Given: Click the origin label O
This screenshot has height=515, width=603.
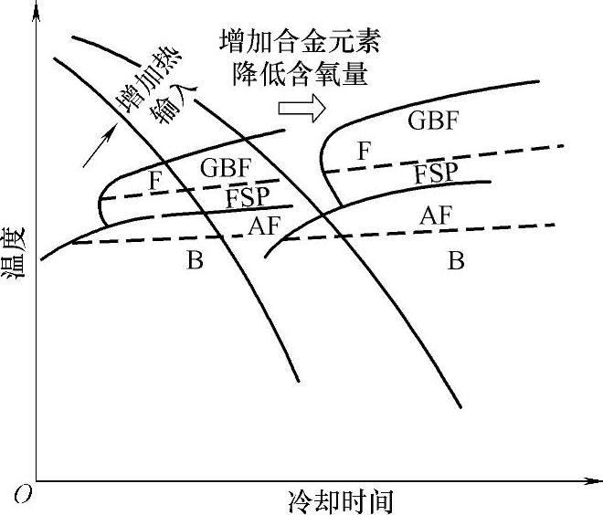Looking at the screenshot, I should click(22, 494).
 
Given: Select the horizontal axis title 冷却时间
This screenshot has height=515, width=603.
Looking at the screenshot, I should click(340, 501).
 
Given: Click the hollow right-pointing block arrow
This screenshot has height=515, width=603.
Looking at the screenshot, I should click(302, 108).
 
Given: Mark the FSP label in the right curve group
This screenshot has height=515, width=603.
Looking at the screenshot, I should click(436, 173).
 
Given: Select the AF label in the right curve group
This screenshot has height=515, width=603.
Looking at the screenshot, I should click(436, 216).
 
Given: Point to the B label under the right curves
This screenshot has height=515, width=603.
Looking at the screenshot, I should click(456, 261).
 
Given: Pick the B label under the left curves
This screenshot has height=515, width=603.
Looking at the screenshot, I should click(195, 261).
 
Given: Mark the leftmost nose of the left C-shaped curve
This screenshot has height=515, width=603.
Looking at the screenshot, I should click(99, 205).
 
